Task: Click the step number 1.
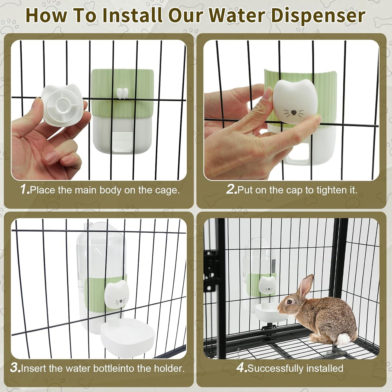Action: pos(24,189)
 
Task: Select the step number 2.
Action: pos(231,189)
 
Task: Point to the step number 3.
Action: pos(15,368)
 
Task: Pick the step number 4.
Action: pos(241,368)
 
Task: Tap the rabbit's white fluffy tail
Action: pos(344,339)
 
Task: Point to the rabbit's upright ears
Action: pos(305,286)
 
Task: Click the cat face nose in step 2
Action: pos(294,112)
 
